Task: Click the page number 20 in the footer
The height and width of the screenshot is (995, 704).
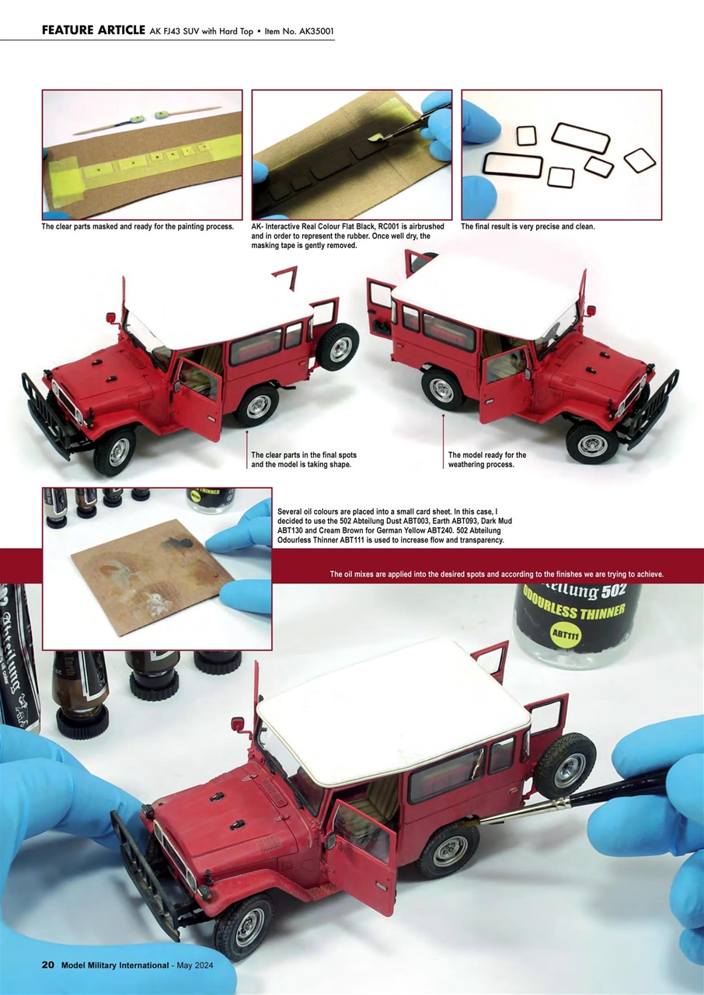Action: point(47,965)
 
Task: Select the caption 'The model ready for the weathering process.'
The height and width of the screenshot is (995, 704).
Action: point(487,459)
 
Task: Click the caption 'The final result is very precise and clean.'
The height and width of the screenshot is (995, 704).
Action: point(528,227)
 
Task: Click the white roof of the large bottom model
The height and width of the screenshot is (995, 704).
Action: point(389,707)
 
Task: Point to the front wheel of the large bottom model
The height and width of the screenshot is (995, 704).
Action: point(244,925)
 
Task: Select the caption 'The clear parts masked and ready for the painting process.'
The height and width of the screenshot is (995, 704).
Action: point(138,227)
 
